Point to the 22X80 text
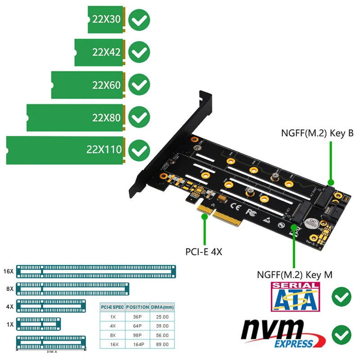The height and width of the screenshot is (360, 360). coord(107,118)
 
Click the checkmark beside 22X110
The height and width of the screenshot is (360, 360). coord(139,150)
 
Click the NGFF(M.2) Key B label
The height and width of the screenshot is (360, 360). coord(317,133)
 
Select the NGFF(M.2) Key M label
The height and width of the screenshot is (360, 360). coord(294,274)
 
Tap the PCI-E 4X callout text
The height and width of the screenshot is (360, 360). coord(204,252)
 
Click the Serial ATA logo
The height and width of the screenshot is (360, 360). coord(295,297)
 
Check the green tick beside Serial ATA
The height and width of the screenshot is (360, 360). coord(342,297)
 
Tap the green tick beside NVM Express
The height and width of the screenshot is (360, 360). coord(342,335)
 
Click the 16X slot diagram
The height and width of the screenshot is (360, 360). coord(96,271)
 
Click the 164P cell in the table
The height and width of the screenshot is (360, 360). coord(137,344)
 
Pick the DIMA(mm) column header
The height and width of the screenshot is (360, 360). coord(162,307)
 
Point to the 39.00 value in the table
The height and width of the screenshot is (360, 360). coord(162,326)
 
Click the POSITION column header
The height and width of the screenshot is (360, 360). coord(137,307)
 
